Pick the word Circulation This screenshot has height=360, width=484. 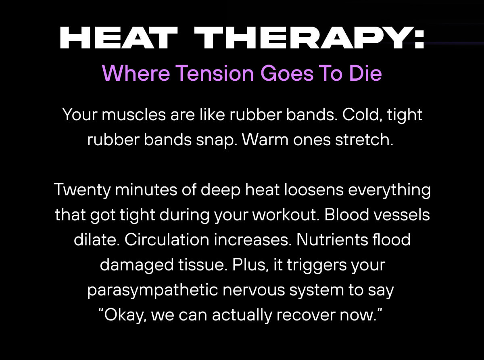coord(167,240)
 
